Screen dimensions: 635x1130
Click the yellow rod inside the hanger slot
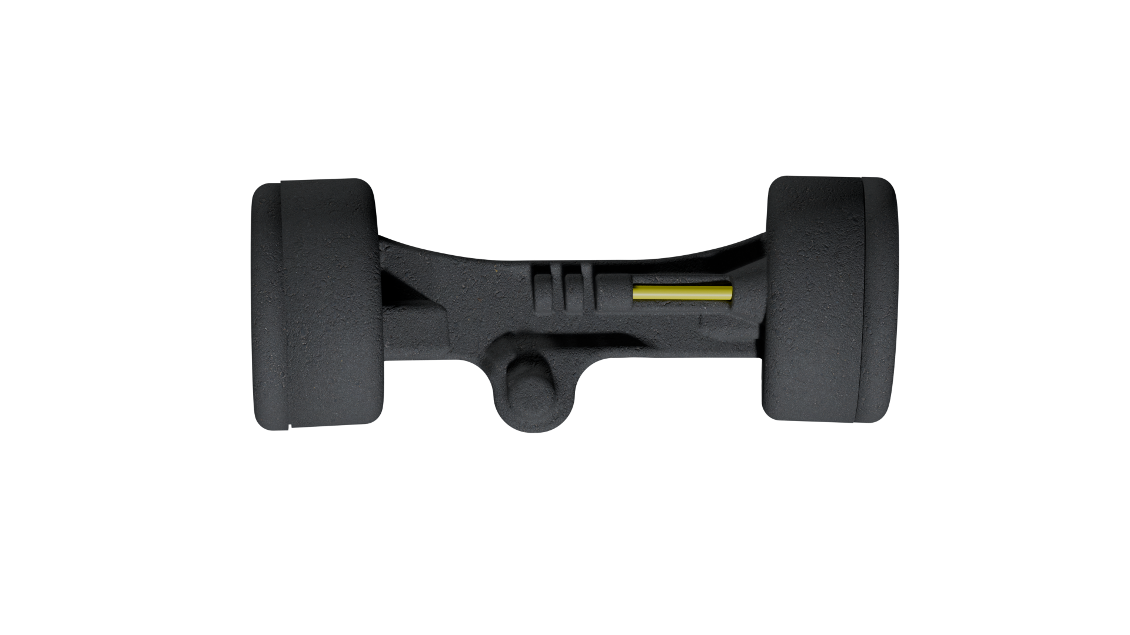[x=683, y=292]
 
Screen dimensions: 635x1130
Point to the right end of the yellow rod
[x=730, y=292]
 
